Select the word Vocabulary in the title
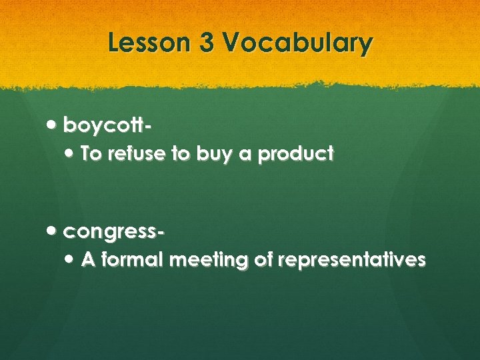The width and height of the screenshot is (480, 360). pyautogui.click(x=299, y=43)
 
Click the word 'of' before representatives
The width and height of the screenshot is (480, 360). pyautogui.click(x=263, y=260)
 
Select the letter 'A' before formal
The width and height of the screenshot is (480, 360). pyautogui.click(x=88, y=260)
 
